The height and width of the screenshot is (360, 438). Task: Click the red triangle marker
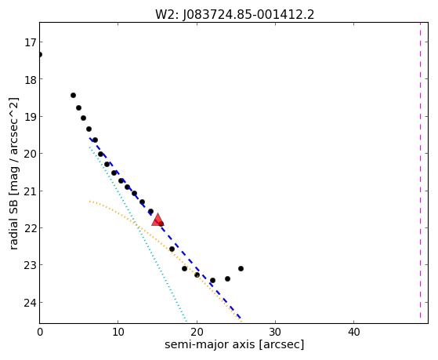tap(157, 220)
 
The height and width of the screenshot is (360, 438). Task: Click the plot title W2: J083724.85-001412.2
tap(234, 15)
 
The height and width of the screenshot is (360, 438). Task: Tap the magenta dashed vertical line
tap(420, 170)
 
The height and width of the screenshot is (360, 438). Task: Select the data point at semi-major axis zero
tap(40, 54)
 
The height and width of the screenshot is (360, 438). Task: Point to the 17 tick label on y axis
tap(31, 43)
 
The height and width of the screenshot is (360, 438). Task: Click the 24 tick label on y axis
tap(30, 303)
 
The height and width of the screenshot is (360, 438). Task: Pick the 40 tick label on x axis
tap(353, 333)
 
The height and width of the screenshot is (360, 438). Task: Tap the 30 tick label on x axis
tap(275, 333)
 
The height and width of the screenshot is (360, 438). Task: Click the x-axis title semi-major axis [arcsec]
tap(234, 344)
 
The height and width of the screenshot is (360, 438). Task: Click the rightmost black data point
tap(241, 268)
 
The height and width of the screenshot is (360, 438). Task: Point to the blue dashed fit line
tap(165, 228)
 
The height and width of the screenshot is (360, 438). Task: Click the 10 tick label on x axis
tap(118, 333)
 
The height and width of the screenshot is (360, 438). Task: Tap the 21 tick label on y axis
tap(30, 191)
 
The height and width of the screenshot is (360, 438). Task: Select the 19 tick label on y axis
tap(30, 117)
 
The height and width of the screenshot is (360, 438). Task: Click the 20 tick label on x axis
tap(197, 333)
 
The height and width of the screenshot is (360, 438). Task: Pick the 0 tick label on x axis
tap(40, 333)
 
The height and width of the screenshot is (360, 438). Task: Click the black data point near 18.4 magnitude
tap(73, 96)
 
